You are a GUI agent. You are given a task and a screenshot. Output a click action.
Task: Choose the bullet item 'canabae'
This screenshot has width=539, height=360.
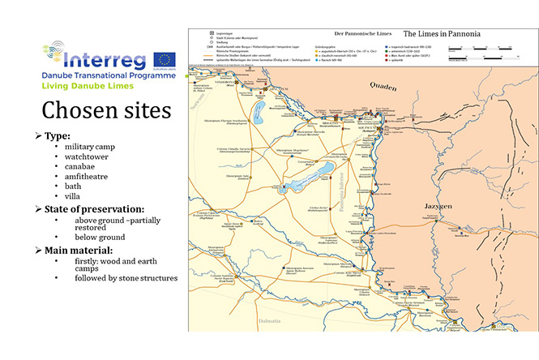point(84,165)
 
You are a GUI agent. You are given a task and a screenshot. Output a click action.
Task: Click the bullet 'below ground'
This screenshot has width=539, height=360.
point(100,237)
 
